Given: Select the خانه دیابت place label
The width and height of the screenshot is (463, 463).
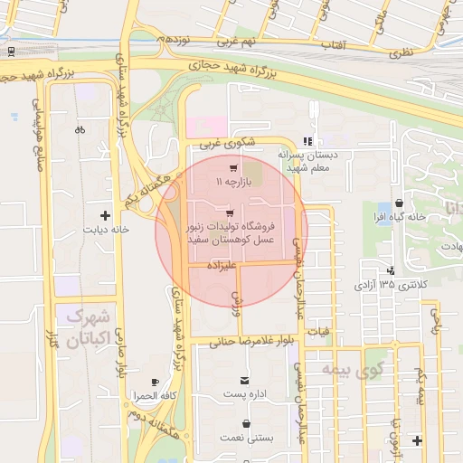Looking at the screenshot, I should pos(108,230).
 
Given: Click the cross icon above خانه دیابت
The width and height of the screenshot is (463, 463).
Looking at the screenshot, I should pos(106,216).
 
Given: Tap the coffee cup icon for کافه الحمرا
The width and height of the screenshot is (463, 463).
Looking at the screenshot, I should pos(155,383).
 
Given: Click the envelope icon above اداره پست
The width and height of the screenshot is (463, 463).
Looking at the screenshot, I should pos(245,381).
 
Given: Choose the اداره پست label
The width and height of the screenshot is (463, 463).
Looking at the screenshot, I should pos(247,395).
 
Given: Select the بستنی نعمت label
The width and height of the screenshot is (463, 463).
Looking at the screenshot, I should pos(247,438).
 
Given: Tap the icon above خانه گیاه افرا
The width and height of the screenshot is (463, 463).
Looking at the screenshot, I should pos(400,204).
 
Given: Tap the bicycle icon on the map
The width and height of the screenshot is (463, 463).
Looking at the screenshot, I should pos(80,128).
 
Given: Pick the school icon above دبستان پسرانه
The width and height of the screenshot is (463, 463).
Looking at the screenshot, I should pos(308,141).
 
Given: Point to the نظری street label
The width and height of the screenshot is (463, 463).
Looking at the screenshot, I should pos(401,52).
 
